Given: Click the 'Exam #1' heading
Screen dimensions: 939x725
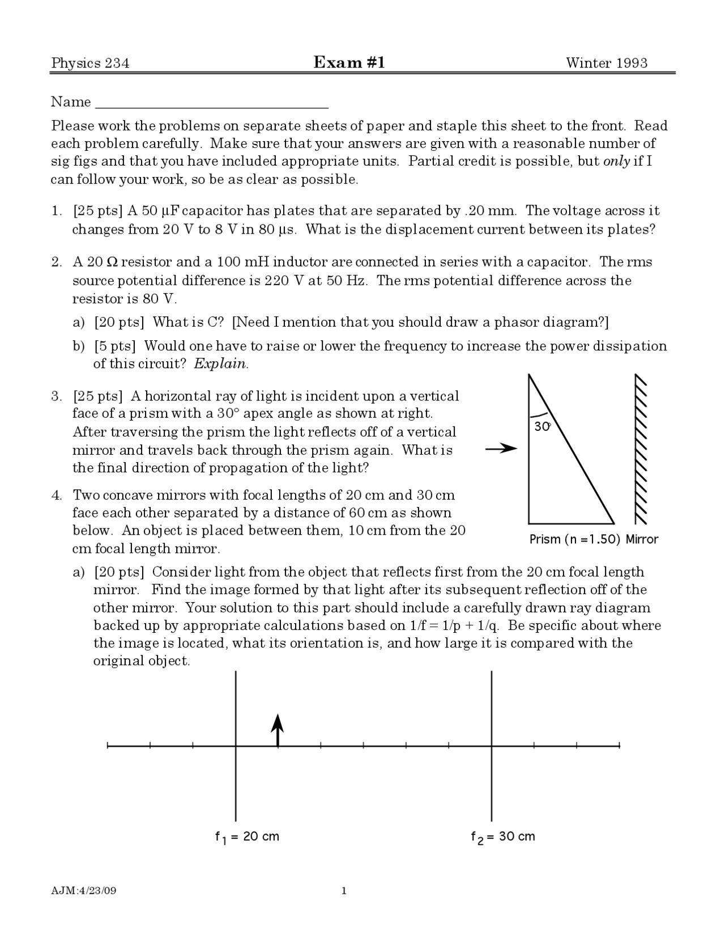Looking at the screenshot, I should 349,62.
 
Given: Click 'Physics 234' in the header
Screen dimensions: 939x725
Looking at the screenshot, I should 90,63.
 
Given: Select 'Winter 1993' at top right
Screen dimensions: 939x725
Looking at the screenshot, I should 607,63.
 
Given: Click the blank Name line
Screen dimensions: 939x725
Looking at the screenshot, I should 212,104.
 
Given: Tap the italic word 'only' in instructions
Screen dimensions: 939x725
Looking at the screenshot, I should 616,162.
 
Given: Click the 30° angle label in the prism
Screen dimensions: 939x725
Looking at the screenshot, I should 542,427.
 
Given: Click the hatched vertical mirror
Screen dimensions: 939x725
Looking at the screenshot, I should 641,449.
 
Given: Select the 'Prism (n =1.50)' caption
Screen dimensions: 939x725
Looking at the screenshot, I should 575,539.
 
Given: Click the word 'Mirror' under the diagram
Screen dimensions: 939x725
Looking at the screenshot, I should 642,539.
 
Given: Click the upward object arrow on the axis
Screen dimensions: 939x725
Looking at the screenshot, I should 277,730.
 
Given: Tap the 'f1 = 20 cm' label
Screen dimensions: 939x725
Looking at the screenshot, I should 247,837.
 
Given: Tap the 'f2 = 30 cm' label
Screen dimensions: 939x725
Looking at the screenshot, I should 502,837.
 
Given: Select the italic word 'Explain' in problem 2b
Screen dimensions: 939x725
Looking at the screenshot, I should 220,364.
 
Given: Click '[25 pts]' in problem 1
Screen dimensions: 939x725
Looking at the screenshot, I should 97,212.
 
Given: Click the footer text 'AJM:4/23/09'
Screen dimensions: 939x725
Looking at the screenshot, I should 83,891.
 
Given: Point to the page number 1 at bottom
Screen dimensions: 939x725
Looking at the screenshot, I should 344,891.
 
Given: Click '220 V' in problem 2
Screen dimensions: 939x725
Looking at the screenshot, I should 283,281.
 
